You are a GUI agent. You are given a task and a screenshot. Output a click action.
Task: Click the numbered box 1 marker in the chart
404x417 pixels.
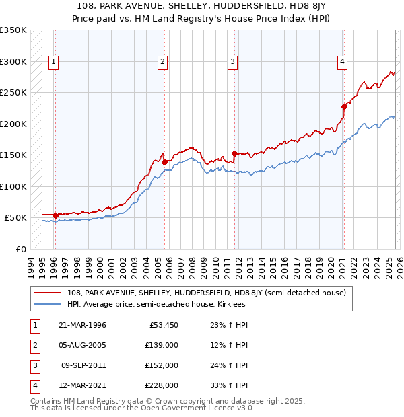point(53,62)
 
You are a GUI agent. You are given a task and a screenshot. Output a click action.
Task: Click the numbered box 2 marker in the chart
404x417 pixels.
point(163,62)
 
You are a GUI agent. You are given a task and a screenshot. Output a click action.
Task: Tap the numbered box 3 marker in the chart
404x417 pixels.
point(232,62)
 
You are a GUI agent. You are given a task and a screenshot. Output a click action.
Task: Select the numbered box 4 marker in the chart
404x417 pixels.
point(343,62)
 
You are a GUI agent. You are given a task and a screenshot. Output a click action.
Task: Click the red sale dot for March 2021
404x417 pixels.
point(344,106)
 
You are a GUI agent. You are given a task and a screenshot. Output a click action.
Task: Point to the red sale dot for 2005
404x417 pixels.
point(164,161)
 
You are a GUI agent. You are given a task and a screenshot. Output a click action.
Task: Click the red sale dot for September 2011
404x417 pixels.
point(234,153)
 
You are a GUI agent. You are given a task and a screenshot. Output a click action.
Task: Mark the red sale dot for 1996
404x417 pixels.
point(55,215)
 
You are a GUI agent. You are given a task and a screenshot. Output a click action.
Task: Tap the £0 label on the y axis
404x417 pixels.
point(20,249)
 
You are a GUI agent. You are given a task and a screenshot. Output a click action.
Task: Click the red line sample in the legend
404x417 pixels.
point(48,293)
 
